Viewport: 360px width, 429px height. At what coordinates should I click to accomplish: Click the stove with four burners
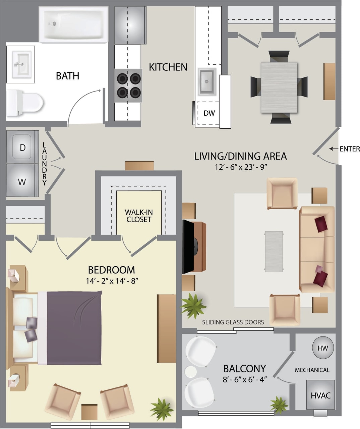(128, 85)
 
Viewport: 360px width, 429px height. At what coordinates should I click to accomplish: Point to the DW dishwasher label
(209, 113)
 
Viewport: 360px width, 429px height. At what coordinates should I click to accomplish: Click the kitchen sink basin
(207, 81)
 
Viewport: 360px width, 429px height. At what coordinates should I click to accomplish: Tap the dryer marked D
(22, 147)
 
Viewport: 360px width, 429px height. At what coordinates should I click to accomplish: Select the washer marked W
(22, 181)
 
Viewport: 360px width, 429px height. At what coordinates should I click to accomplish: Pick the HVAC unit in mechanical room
(320, 395)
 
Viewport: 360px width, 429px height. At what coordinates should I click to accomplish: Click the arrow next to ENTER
(333, 149)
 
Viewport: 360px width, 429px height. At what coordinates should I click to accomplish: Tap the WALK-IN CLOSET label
(138, 216)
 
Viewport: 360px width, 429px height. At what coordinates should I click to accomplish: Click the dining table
(279, 87)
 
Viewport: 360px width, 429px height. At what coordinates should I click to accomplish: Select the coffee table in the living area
(274, 251)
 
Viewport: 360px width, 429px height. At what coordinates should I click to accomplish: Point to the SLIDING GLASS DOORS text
(233, 322)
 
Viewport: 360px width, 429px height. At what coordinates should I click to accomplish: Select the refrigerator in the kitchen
(130, 25)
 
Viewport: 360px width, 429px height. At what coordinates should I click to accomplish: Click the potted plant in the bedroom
(162, 409)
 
